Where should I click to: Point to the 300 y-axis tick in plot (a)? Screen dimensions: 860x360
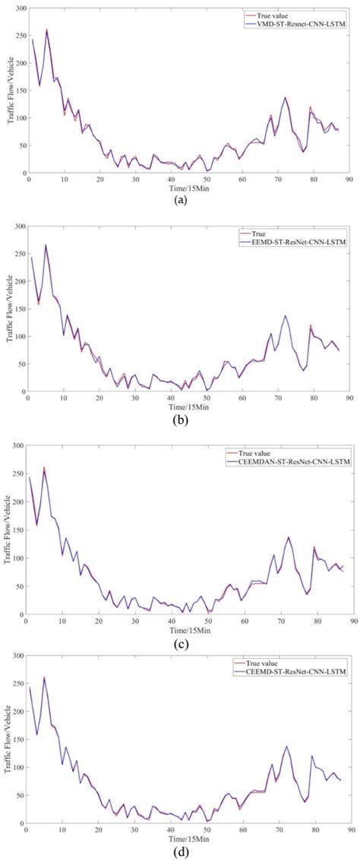pos(17,9)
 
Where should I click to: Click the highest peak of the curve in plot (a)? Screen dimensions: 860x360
pos(46,30)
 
